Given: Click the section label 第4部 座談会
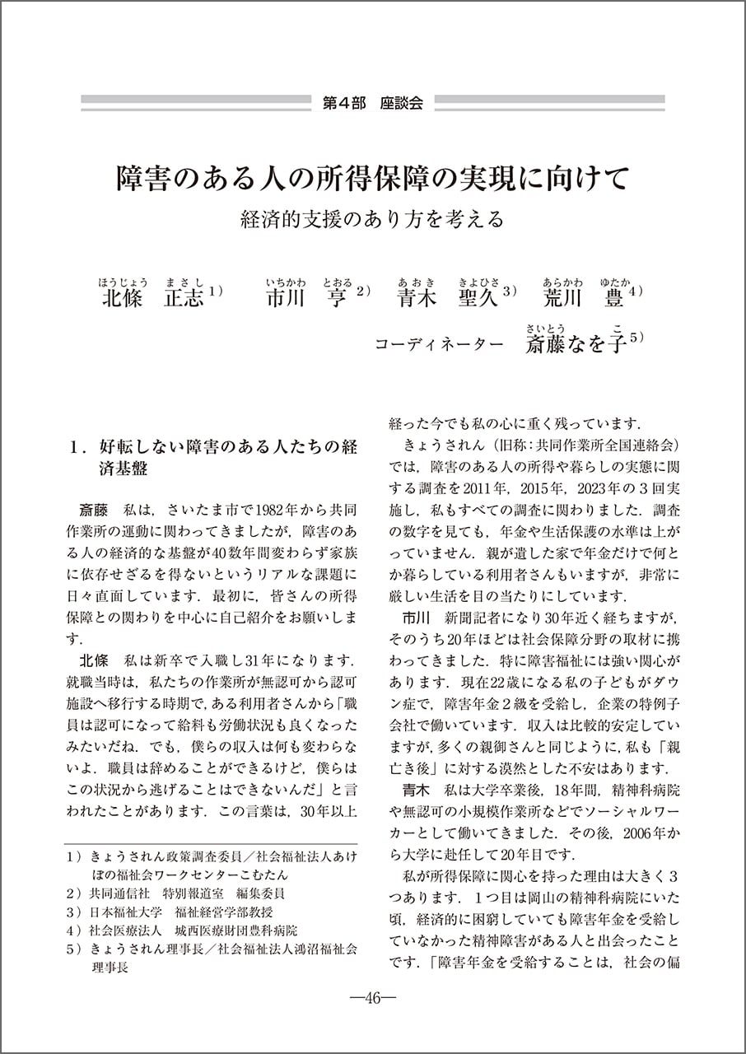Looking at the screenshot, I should pyautogui.click(x=372, y=103).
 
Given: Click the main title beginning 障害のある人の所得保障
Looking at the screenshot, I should pyautogui.click(x=372, y=177).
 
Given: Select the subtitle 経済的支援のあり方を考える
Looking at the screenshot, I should pyautogui.click(x=372, y=220).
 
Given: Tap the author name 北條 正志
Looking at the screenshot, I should pyautogui.click(x=152, y=297).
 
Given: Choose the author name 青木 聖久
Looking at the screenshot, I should pyautogui.click(x=448, y=297).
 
